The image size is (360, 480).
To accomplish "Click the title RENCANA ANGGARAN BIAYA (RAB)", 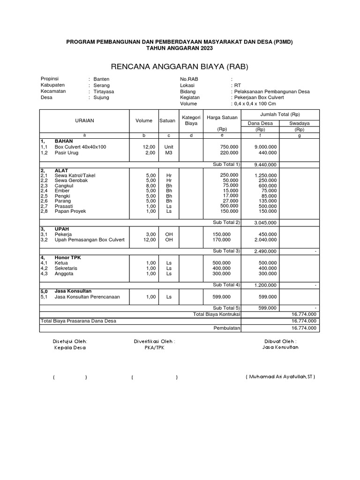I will pos(180,66).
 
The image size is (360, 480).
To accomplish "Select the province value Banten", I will pos(101,79).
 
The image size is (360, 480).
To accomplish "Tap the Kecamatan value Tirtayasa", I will pos(104,91).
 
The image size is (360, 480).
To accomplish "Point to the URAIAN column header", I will pos(84,120).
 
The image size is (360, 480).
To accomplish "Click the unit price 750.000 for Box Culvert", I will pos(229,147).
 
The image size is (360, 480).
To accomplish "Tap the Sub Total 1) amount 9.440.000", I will pos(265,165).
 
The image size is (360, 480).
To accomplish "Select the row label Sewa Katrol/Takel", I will pos(75,175).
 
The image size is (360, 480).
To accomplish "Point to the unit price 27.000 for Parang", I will pos(229,200).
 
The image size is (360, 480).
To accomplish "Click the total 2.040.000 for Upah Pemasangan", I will pos(265,240).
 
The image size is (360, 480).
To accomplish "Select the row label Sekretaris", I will pos(66,268).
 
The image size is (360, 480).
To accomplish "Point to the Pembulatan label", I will pos(227,328).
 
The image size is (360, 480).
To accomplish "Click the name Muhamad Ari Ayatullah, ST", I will pos(280,377).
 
